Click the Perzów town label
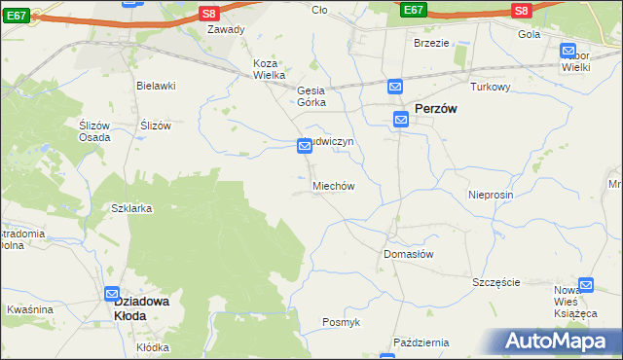tap(437, 110)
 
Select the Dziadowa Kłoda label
tap(144, 308)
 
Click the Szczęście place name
tap(496, 282)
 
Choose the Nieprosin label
tap(490, 195)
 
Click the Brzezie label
tap(431, 43)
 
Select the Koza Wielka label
tap(269, 69)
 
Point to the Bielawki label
tap(156, 86)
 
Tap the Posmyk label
tap(342, 322)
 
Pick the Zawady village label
tap(226, 29)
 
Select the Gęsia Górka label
tap(312, 95)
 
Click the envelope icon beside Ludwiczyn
tap(305, 146)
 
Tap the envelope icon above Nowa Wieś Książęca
tap(585, 285)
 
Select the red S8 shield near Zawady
tap(208, 13)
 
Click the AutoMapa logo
tap(556, 342)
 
